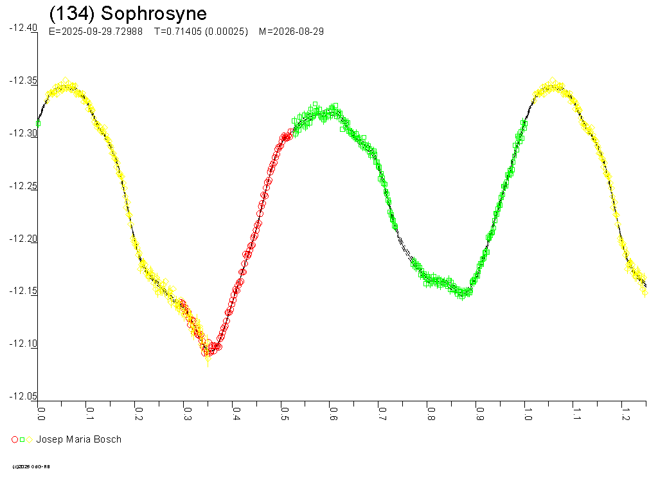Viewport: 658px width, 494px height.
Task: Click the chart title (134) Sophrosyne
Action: [x=128, y=14]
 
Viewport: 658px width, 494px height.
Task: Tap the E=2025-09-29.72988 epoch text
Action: [x=96, y=32]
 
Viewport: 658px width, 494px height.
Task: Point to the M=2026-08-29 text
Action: [x=290, y=32]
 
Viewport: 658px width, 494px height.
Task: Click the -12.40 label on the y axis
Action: [x=22, y=28]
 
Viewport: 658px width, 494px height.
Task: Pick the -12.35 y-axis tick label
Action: [x=22, y=81]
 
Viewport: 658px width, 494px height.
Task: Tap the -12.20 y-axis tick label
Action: [x=22, y=239]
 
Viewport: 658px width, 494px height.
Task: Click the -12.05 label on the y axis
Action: [x=22, y=396]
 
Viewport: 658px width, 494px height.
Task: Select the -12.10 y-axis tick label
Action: [x=22, y=343]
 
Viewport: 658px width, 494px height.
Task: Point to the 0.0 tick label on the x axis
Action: [x=40, y=410]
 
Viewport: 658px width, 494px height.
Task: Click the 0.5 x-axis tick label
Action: [x=284, y=410]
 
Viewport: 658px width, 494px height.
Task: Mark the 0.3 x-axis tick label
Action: [x=186, y=410]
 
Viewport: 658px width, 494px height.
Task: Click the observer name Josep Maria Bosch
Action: [x=78, y=439]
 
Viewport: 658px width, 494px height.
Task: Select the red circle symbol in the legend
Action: [x=15, y=439]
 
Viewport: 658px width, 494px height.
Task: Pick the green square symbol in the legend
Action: [x=22, y=439]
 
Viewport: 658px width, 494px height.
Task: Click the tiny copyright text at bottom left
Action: [x=31, y=466]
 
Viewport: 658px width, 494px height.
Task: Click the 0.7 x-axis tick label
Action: [x=381, y=410]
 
